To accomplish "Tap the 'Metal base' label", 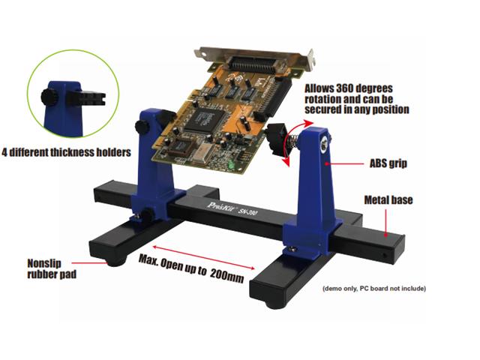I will click(388, 200).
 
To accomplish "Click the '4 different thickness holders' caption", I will click(67, 152).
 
